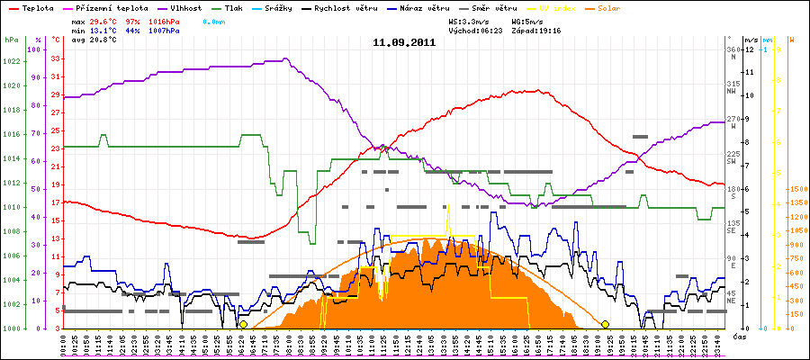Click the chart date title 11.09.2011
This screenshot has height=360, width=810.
coord(404,41)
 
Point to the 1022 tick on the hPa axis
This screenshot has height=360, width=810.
coord(11,61)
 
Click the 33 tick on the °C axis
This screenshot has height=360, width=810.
coord(56,58)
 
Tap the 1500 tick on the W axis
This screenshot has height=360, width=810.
coord(796,189)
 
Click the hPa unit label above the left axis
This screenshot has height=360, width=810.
coord(11,40)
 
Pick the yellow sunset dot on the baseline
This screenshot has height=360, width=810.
coord(606,324)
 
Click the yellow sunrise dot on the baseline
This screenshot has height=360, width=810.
coord(244,324)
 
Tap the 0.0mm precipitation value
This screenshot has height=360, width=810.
coord(214,20)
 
